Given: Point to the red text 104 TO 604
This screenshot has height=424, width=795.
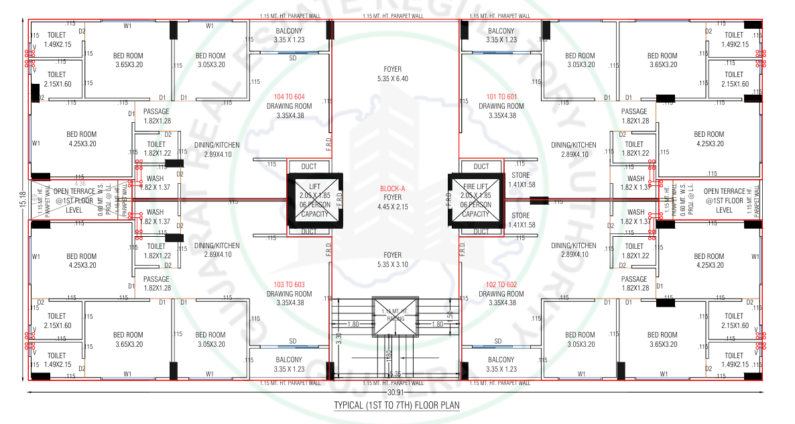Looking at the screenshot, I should (289, 97).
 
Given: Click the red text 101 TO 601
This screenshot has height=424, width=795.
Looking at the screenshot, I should (501, 97).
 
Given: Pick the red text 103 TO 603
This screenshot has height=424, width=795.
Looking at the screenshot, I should (289, 284).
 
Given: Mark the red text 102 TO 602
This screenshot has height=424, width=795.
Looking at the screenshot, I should (501, 284).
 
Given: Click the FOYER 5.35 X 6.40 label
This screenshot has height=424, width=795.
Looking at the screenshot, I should (392, 74).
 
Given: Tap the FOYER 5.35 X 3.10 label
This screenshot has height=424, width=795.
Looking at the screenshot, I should (392, 260).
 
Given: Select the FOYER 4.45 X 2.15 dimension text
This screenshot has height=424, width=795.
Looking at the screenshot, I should (392, 207).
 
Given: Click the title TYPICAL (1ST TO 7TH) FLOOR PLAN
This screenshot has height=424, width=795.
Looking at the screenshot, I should (397, 406).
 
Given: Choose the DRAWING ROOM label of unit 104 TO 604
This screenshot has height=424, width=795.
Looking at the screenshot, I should (289, 106).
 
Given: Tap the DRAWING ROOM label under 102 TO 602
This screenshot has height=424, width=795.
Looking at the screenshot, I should (501, 294).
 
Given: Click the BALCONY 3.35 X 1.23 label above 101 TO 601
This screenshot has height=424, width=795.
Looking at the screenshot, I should (501, 36).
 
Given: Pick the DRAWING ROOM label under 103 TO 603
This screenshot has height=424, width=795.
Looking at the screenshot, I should (289, 294).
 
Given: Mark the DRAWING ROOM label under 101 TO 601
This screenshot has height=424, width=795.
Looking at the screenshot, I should (501, 106).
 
